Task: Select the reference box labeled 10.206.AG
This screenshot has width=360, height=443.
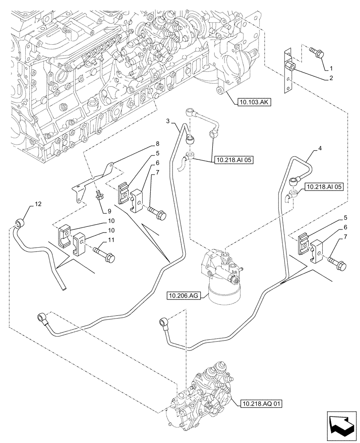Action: pos(184,295)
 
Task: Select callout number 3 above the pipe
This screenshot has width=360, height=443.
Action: pos(168,121)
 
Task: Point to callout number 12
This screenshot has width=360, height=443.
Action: pos(38,204)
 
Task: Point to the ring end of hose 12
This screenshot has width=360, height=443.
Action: pos(20,222)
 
